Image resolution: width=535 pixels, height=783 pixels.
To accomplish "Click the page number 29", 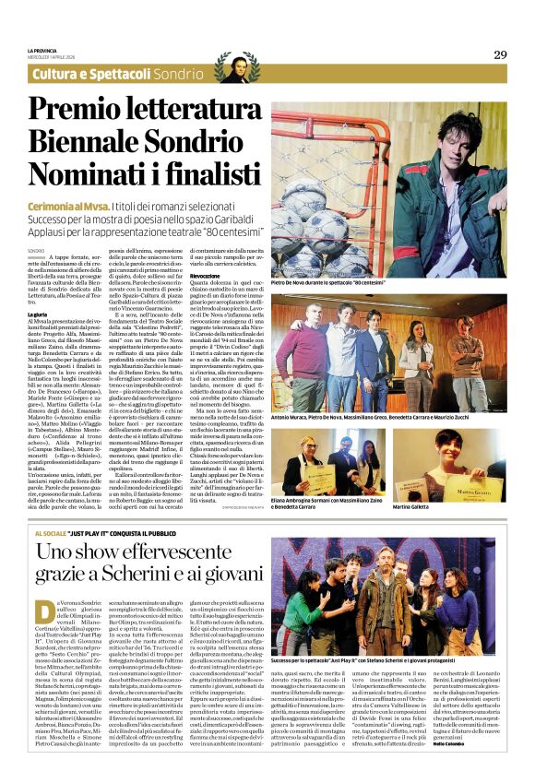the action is point(499,54).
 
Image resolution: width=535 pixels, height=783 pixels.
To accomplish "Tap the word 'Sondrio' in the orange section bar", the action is point(179,74).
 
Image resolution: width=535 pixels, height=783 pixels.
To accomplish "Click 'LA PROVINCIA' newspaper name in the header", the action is point(43,50).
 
